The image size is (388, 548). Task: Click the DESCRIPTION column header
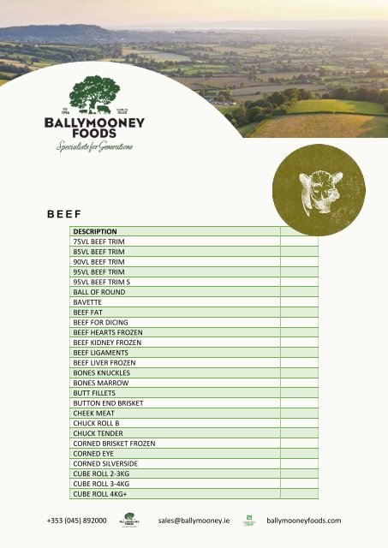pyautogui.click(x=94, y=231)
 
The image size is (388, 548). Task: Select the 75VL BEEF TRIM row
pyautogui.click(x=99, y=241)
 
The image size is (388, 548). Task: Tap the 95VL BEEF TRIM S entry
pyautogui.click(x=102, y=282)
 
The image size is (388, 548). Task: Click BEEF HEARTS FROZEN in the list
pyautogui.click(x=108, y=332)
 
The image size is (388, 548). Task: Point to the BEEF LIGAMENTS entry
pyautogui.click(x=100, y=352)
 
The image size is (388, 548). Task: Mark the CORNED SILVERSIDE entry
pyautogui.click(x=105, y=463)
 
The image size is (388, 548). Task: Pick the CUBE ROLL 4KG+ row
pyautogui.click(x=101, y=493)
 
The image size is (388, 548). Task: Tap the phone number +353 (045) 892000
pyautogui.click(x=76, y=521)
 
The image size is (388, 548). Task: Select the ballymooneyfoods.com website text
pyautogui.click(x=304, y=521)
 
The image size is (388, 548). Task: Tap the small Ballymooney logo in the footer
pyautogui.click(x=130, y=521)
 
